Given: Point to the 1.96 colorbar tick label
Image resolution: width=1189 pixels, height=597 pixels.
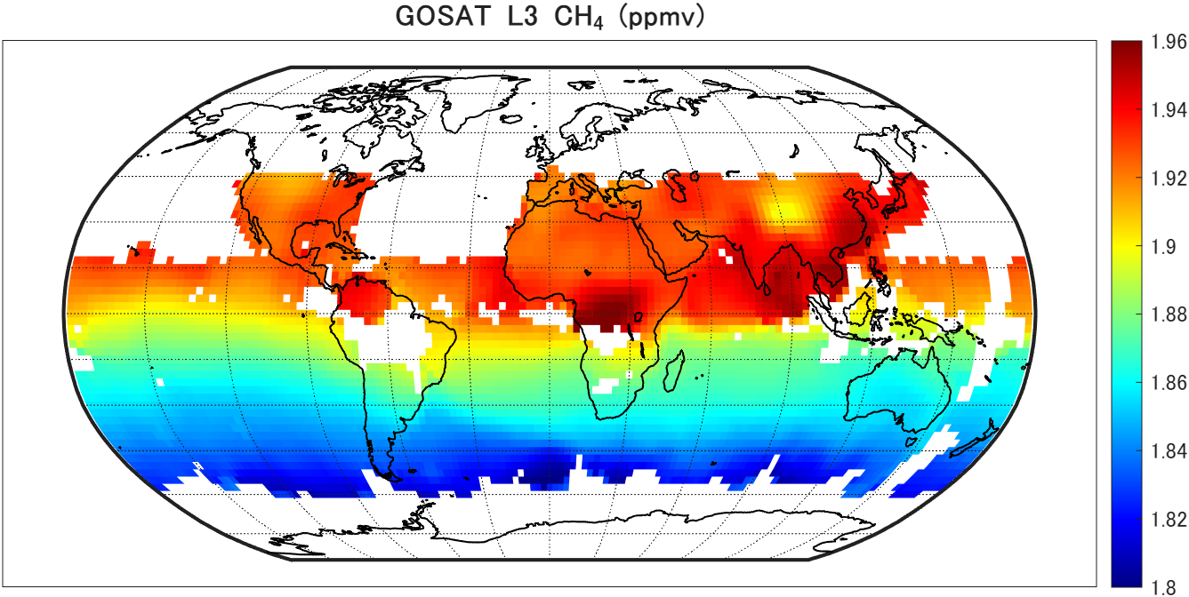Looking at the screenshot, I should pos(1168,42).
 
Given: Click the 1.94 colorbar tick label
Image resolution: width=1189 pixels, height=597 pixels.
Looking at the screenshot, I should pos(1168,110).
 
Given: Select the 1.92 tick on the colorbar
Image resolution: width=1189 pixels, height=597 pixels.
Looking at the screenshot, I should pos(1168,179).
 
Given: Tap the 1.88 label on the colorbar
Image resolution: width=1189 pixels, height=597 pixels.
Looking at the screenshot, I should pos(1168,314).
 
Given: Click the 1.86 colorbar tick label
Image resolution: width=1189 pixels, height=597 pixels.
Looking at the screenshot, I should pos(1168,383).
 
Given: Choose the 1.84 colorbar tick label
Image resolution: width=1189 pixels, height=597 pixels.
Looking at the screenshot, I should pos(1168,451).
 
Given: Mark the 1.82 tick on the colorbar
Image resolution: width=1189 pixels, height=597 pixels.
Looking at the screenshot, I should pos(1168,519).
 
